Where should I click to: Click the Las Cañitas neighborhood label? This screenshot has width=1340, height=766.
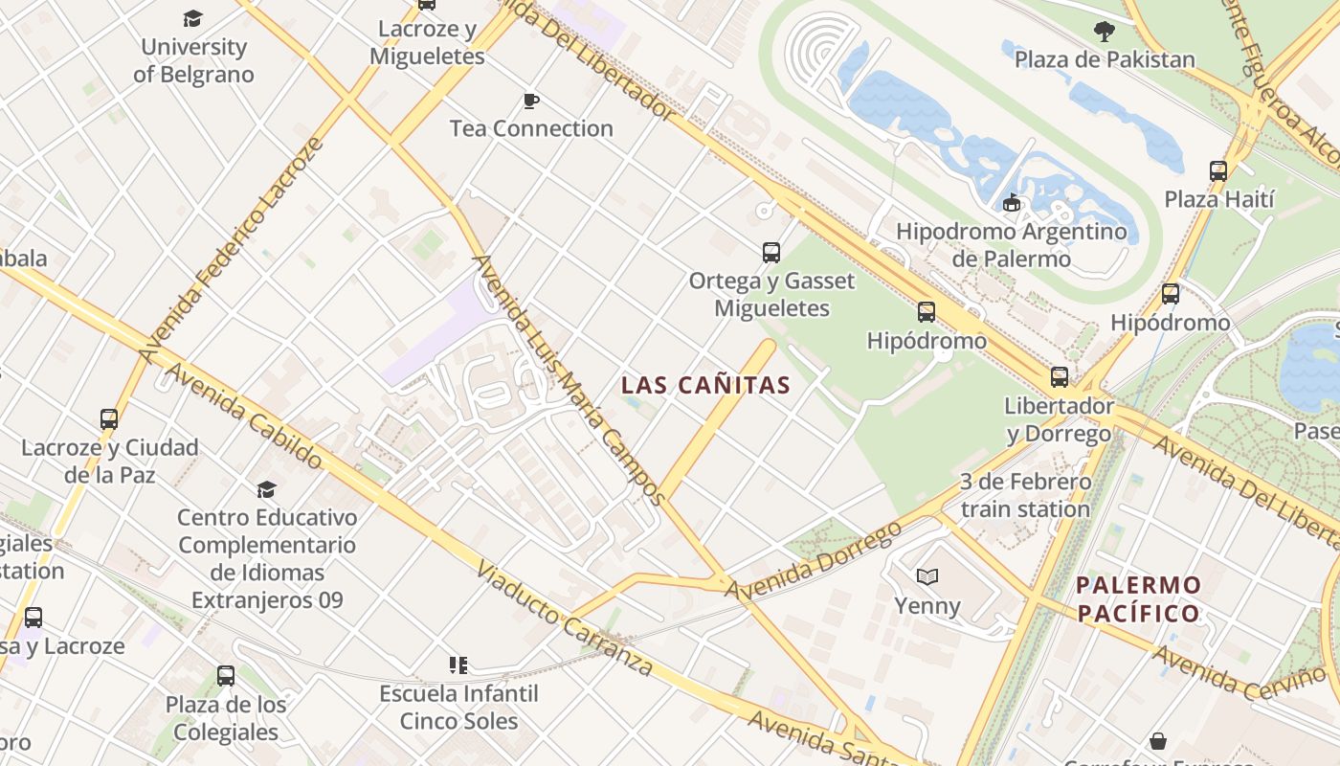pyautogui.click(x=705, y=386)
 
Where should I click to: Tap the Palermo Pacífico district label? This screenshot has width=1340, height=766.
pyautogui.click(x=1138, y=599)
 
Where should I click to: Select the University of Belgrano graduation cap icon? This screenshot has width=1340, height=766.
pyautogui.click(x=193, y=18)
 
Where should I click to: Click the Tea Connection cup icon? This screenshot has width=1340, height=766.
pyautogui.click(x=531, y=101)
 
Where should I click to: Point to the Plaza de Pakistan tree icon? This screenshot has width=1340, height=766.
pyautogui.click(x=1105, y=32)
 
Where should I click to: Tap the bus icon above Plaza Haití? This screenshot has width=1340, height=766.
pyautogui.click(x=1218, y=171)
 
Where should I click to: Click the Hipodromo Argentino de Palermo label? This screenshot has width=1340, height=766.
pyautogui.click(x=1012, y=245)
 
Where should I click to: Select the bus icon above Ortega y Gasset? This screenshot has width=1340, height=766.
pyautogui.click(x=771, y=253)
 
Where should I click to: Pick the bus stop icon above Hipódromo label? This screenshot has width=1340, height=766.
pyautogui.click(x=927, y=312)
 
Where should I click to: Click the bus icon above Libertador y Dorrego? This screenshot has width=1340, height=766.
pyautogui.click(x=1060, y=377)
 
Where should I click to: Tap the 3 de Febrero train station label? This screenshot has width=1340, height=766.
pyautogui.click(x=1025, y=495)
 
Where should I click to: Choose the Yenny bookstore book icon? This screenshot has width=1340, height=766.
pyautogui.click(x=927, y=576)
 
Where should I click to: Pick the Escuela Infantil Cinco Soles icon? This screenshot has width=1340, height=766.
pyautogui.click(x=458, y=665)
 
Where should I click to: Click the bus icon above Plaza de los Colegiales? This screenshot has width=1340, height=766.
pyautogui.click(x=226, y=676)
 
